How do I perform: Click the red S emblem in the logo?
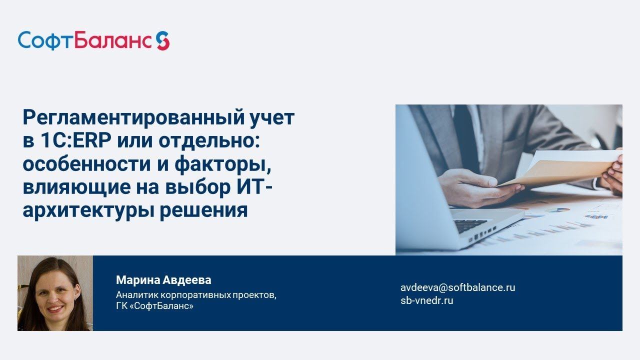coord(162,40)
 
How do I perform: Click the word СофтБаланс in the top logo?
coord(84,40)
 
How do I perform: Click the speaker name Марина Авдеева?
coord(163,280)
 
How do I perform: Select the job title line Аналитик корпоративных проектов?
coord(195,294)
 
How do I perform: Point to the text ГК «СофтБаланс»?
coord(154,305)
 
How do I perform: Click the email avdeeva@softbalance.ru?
coord(457,287)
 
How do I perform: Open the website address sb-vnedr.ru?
coord(426,300)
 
